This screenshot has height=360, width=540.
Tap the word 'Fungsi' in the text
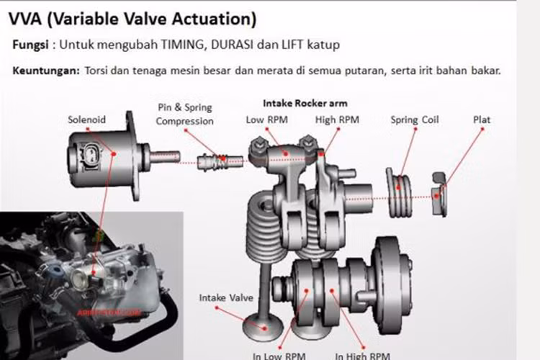30,45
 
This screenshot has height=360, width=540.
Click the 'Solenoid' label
87,120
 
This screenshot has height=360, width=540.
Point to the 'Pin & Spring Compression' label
184,114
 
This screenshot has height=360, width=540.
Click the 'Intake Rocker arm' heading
305,103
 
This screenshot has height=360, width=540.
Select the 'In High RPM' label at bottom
362,355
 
